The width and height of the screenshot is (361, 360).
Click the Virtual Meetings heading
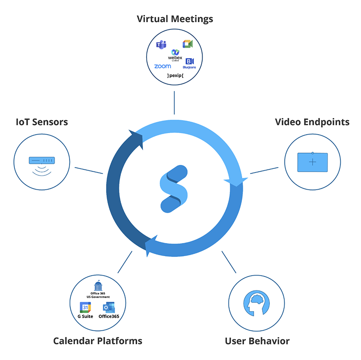175,19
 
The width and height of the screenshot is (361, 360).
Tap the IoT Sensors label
42,122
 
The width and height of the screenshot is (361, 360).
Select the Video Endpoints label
312,122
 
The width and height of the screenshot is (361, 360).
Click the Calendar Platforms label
97,341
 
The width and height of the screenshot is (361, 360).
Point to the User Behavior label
257,341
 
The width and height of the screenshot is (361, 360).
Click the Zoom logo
162,66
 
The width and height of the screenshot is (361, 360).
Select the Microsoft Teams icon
161,44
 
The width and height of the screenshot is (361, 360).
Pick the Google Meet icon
188,44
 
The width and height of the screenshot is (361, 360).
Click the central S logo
174,189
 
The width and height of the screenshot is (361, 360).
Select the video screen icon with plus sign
312,162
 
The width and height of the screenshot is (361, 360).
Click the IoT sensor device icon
42,160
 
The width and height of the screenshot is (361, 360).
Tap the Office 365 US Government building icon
98,286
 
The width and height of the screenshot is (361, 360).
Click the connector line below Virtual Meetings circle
174,103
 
